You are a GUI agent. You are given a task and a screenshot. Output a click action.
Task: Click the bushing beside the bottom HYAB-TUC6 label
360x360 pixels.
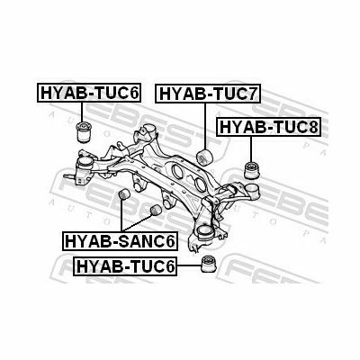(x=210, y=265)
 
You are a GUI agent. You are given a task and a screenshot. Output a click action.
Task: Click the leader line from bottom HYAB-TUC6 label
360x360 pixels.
(x=189, y=265)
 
